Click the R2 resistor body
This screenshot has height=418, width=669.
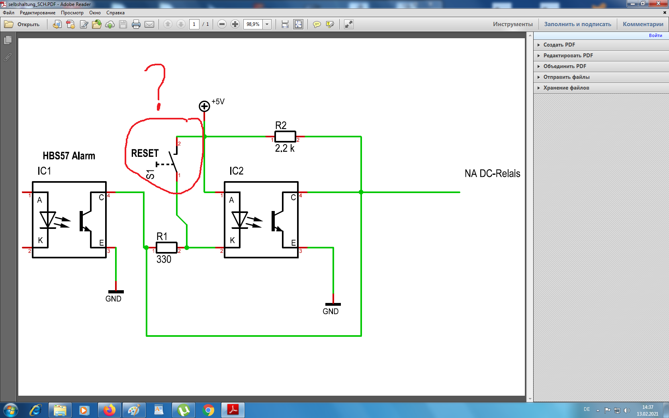tap(285, 137)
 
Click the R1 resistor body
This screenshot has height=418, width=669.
tap(166, 248)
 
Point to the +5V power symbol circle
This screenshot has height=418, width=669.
tap(204, 106)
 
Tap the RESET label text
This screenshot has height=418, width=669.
tap(145, 153)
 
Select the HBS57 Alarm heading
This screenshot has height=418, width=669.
tap(69, 156)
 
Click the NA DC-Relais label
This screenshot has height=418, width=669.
tap(492, 174)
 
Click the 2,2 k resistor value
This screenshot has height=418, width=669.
tap(285, 148)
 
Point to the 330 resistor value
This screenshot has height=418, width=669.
tap(164, 259)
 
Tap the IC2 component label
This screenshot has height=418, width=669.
tap(236, 171)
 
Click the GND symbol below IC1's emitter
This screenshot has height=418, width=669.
tap(115, 292)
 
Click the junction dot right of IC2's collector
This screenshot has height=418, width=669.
tap(361, 192)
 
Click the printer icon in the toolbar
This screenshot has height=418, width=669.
tap(136, 24)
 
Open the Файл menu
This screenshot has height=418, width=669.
tap(9, 13)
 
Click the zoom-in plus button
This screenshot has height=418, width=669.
tap(235, 24)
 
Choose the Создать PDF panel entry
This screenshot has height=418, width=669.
tap(559, 45)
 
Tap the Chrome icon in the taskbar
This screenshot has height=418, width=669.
tap(208, 410)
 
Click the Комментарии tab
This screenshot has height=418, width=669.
tap(643, 24)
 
